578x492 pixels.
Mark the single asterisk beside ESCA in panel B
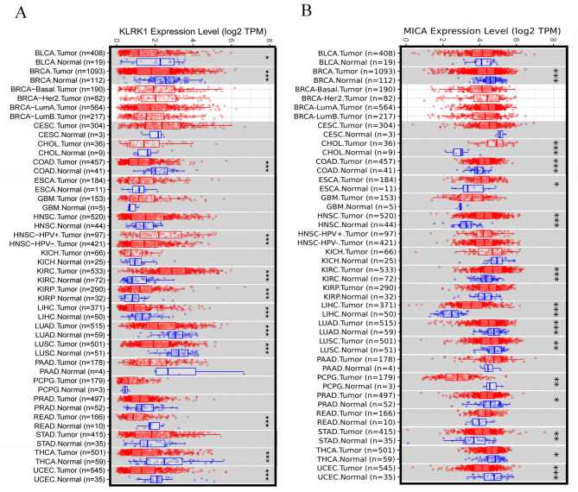click(x=556, y=185)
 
